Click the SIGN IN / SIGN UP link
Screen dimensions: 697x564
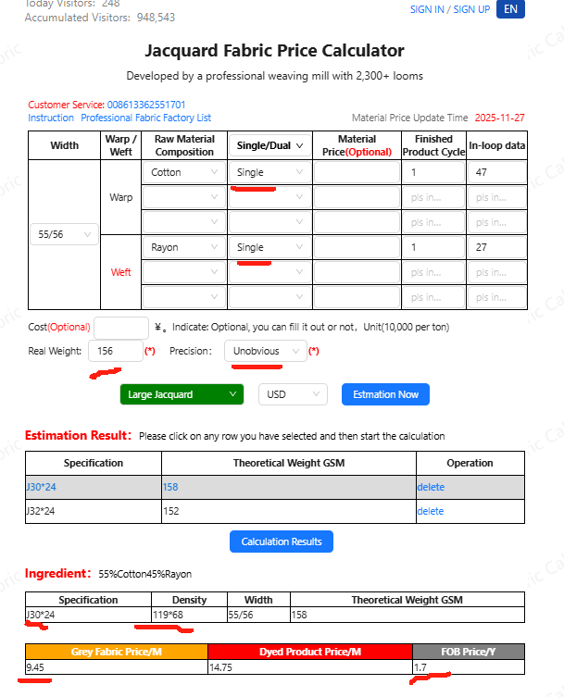pos(449,9)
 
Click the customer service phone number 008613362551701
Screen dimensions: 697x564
pos(146,106)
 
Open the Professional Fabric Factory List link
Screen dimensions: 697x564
pos(145,118)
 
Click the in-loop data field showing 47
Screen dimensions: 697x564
pos(495,172)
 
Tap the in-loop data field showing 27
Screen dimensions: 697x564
pos(495,247)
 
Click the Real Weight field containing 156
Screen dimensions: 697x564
pos(115,351)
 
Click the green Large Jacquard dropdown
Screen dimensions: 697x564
pos(182,394)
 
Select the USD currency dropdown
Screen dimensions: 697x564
pos(293,394)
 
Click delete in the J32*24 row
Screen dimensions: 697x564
pos(431,511)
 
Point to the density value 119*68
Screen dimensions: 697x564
pos(170,615)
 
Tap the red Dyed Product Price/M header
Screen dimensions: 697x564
pos(309,651)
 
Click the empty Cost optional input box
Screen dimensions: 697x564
pos(121,327)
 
